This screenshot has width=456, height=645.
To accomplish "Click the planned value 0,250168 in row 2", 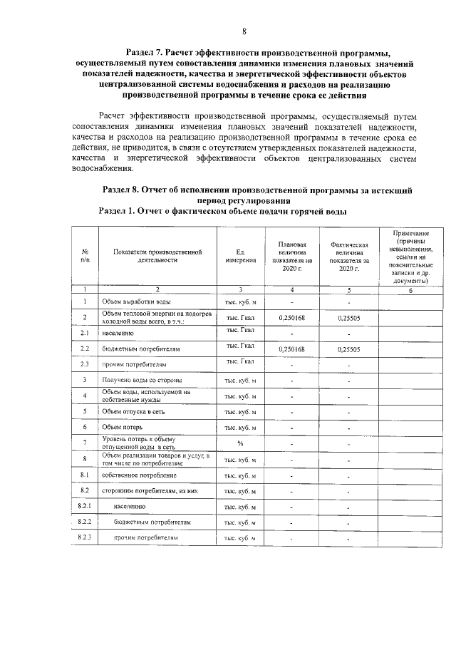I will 292,317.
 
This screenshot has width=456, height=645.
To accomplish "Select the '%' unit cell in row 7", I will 240,443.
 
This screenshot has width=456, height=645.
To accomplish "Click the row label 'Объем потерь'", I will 124,427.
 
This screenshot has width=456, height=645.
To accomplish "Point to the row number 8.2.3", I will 85,537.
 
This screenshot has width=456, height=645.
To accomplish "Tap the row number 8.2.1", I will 85,506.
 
